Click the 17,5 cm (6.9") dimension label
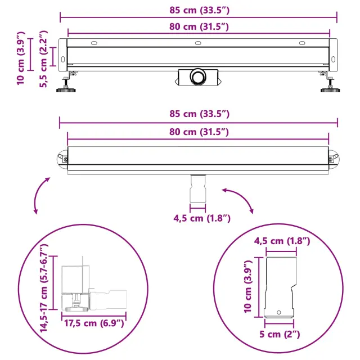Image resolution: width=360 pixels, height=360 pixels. pos(94,323)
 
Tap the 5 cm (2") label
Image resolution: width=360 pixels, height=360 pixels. pos(280,334)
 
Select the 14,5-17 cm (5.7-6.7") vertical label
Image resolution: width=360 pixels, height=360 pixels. pos(44,288)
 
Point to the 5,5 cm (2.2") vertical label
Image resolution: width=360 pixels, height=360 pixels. pos(43,58)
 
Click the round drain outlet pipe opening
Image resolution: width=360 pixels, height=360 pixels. pos(197,76)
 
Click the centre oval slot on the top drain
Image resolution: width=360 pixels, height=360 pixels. pos(198,43)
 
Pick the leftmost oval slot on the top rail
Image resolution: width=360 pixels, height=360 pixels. pos(94,43)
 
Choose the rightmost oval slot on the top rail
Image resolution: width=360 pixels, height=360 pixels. pos(302,43)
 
